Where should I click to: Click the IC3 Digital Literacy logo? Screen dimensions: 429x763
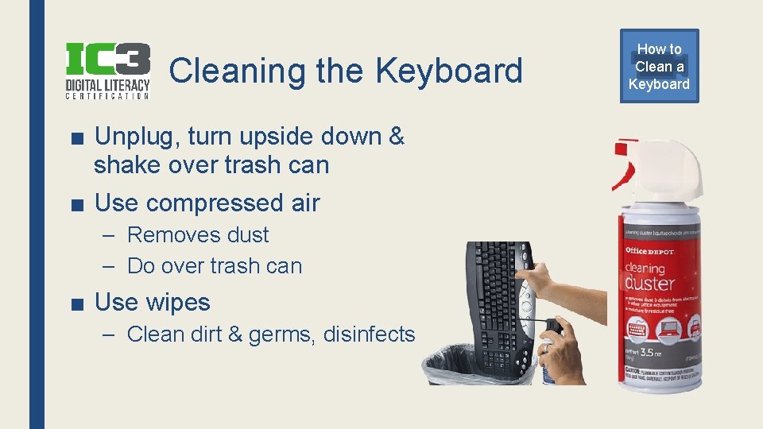pos(107,70)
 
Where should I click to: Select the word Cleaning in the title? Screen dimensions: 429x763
pos(238,71)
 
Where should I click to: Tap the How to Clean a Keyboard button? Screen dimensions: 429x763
pos(659,67)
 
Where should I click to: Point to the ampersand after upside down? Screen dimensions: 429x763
pos(396,137)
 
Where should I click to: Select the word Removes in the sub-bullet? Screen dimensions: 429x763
pos(165,235)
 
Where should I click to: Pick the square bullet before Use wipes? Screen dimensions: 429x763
pos(78,303)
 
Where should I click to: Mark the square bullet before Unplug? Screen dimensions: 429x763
pos(78,137)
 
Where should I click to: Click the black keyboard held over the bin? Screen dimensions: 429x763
pos(500,302)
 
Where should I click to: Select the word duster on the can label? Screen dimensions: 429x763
pos(651,282)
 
